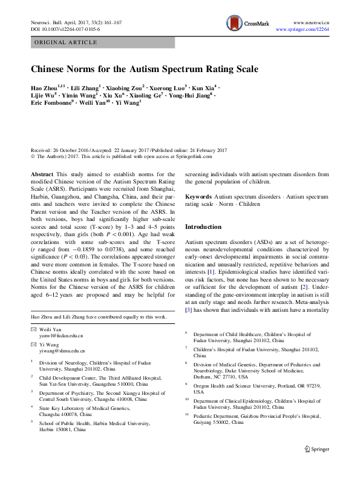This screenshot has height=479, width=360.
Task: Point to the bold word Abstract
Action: pyautogui.click(x=42, y=174)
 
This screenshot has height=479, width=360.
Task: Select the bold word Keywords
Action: pyautogui.click(x=198, y=197)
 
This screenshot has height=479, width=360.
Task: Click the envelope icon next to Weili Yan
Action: pyautogui.click(x=33, y=329)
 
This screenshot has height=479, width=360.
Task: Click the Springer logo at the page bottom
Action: pyautogui.click(x=316, y=465)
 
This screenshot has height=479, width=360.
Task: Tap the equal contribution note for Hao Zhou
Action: pyautogui.click(x=99, y=317)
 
